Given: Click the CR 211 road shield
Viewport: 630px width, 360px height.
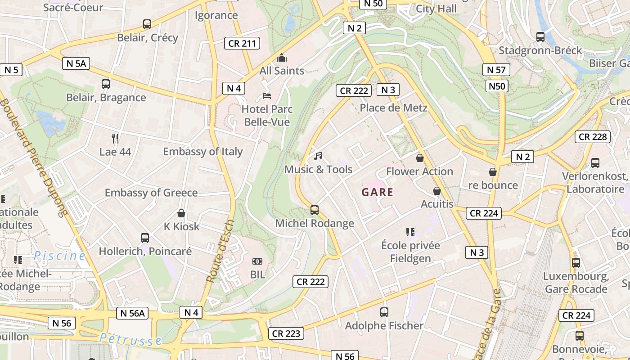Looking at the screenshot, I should (242, 43).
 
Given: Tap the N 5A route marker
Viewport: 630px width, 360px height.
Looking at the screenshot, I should (76, 63).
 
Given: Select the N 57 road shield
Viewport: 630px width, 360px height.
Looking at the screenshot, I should (496, 70).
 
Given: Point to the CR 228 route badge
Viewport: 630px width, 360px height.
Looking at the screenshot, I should (593, 136).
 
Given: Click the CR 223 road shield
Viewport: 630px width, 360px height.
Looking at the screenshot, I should (286, 333).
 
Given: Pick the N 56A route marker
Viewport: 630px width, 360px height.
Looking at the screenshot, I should (132, 313).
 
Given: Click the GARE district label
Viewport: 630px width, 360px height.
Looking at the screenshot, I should (378, 193).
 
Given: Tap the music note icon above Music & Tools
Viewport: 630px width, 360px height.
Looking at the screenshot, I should (318, 156).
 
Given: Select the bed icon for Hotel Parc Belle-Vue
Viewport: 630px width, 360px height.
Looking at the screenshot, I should (267, 96).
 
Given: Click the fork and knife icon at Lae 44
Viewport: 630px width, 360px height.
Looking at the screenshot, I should (115, 138).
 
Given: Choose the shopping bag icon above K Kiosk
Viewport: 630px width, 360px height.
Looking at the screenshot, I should (181, 213).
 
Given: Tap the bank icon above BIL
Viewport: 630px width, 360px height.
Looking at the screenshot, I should (257, 261).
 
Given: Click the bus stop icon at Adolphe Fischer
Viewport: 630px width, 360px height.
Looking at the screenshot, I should (384, 312).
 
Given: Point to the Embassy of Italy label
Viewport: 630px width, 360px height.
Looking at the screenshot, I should (202, 152).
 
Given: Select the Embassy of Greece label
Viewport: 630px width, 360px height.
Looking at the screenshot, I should (151, 193).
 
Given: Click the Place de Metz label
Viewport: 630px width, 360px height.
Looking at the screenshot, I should (393, 108).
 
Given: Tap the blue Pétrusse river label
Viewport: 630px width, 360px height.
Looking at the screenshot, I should (130, 339).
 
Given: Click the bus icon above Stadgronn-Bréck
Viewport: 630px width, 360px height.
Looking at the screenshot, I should (540, 36).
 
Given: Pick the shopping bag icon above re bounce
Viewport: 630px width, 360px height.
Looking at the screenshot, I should (493, 172).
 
